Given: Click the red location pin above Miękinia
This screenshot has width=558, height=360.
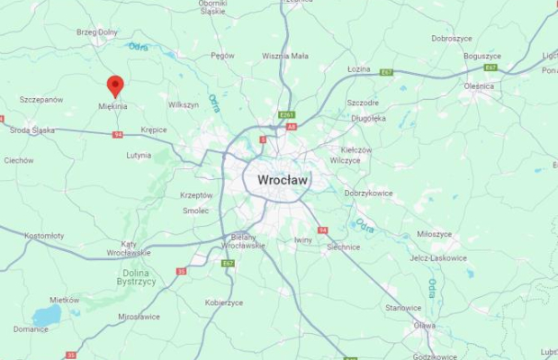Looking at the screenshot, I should coord(114,85).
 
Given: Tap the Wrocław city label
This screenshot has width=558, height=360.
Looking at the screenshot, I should coord(283,180).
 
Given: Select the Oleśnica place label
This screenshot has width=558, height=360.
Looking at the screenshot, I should coord(479,86).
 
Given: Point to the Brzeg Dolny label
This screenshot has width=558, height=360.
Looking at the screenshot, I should coord(97,32).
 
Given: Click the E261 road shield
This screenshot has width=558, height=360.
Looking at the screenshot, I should coord(286,115).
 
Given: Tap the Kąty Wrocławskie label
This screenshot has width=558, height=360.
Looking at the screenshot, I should coord(129,248).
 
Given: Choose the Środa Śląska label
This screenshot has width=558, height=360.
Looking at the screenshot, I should coord(31,130).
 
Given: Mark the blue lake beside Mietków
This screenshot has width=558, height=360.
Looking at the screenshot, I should coord(47,315).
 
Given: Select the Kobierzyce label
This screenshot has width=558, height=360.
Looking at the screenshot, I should coord(224,303).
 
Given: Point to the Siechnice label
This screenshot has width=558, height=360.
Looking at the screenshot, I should coord(344,246).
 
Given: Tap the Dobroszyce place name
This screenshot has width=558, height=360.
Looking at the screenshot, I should coord(452,39).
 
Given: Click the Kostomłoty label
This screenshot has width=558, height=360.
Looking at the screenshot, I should coord(44,236).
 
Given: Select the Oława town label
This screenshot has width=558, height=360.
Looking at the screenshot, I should coord(424,326).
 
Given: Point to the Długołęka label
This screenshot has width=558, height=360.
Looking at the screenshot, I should coord(368,118).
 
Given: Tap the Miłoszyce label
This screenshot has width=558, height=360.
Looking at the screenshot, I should coord(434,234).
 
